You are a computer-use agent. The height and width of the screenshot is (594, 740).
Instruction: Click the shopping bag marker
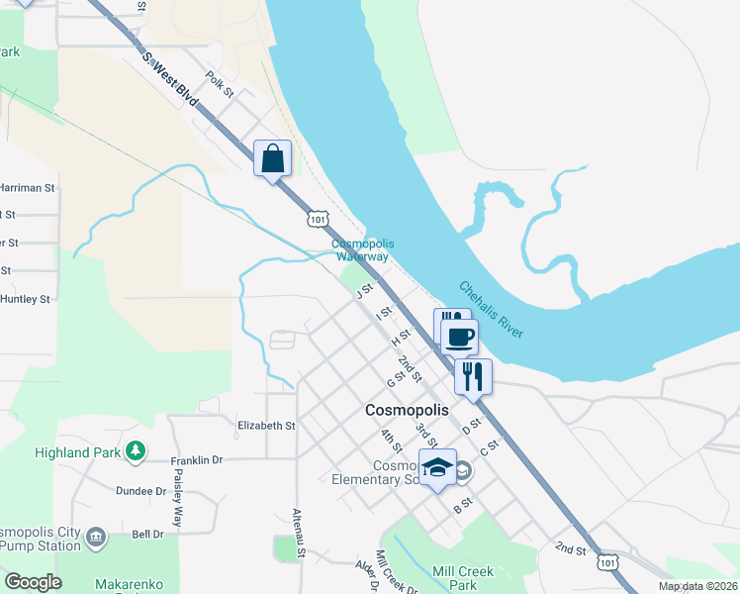point(273,158)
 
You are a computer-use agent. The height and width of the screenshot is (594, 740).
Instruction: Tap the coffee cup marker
point(459,337)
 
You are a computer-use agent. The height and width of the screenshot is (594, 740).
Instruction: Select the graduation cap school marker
point(437,468)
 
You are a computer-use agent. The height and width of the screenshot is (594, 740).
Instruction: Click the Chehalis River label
point(490,309)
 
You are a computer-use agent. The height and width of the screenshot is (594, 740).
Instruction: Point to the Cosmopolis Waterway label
point(362,249)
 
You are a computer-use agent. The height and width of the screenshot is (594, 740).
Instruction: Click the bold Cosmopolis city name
point(407,409)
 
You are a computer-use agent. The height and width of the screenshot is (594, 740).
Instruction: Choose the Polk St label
point(220,85)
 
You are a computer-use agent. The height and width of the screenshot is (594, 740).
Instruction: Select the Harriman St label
point(27,187)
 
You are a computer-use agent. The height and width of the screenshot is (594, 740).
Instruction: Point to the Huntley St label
point(25,299)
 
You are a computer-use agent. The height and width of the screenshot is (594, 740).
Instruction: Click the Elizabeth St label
point(267,426)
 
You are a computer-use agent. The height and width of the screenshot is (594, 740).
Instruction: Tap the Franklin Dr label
point(197,460)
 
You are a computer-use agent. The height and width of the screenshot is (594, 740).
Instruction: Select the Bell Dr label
point(147,535)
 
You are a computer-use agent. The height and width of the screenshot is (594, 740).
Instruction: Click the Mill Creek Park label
point(463,578)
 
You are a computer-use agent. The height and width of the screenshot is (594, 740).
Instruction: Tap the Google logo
point(33,582)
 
